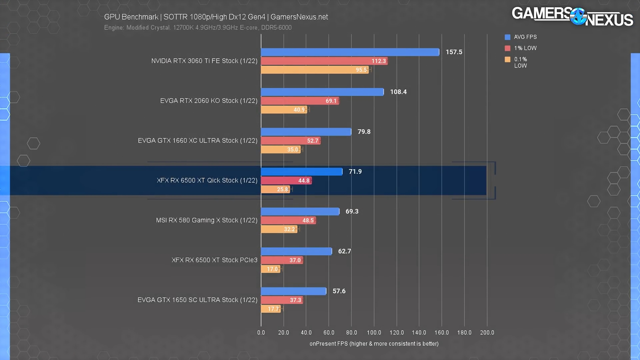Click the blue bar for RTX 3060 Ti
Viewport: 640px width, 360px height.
click(x=350, y=52)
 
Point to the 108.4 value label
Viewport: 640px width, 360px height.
click(x=398, y=92)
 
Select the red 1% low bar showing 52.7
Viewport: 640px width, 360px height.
click(x=290, y=141)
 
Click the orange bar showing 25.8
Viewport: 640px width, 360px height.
click(x=275, y=189)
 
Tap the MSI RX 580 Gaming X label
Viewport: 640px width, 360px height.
click(x=207, y=220)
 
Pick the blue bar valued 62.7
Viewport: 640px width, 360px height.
click(x=296, y=251)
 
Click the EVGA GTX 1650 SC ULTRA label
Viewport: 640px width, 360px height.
click(x=197, y=300)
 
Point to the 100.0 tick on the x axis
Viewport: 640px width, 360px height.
click(x=374, y=333)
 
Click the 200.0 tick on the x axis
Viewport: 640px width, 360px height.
click(x=487, y=333)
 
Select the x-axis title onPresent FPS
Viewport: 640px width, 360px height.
click(x=374, y=344)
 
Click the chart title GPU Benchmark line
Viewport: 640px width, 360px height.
click(x=216, y=17)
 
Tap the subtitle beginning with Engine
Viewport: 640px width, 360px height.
click(x=198, y=28)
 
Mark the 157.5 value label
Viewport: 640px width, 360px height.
click(x=454, y=52)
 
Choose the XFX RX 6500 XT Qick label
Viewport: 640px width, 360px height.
click(x=207, y=180)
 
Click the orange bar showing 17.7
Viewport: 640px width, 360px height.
click(x=271, y=309)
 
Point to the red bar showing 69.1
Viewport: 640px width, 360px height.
click(x=300, y=101)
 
